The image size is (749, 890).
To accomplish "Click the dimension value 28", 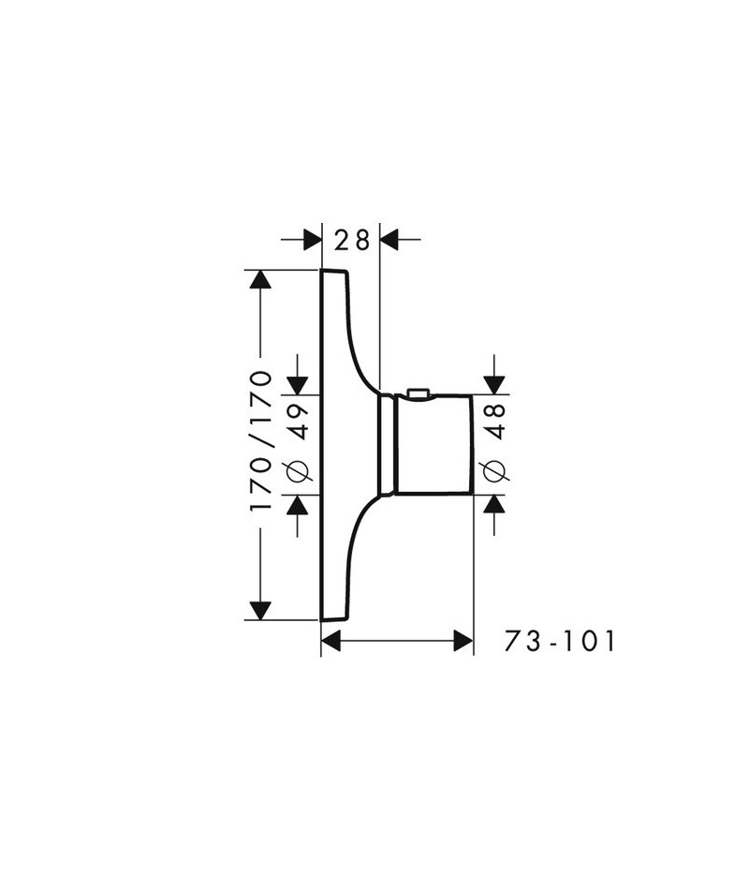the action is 351,240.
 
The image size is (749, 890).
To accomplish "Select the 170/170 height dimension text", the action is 261,441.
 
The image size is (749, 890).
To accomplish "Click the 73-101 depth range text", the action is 560,642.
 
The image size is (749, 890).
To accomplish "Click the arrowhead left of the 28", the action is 312,240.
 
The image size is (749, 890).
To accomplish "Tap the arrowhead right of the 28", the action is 389,240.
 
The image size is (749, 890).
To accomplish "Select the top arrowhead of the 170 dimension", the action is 260,278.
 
